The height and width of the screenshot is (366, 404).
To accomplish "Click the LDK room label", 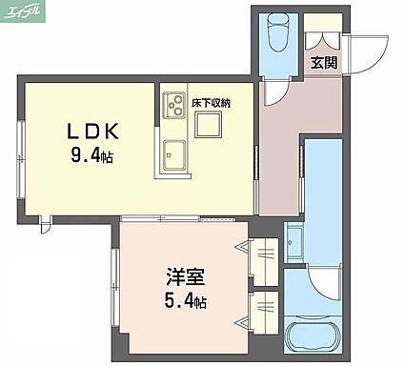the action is coord(92,132).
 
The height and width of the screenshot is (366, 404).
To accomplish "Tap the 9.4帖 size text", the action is coord(92,155).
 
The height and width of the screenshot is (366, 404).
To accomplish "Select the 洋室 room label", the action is coord(186,276).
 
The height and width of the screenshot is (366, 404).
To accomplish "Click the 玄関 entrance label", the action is coord(324,63).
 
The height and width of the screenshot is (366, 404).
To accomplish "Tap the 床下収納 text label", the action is coord(211,103).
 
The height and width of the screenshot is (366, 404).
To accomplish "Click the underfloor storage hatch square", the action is coord(209,126).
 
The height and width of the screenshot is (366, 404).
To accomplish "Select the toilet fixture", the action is coord(279,32).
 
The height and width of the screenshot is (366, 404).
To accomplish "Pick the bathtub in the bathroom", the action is coord(312,336).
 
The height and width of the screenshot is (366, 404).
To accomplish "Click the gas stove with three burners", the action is coord(173,105).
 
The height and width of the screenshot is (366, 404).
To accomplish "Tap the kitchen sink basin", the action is coord(174,155).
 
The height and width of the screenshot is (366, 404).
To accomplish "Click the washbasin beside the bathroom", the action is coord(293,242).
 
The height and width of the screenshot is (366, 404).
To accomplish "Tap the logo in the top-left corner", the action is coord(23,11).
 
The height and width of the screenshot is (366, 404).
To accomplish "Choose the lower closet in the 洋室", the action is coord(264,313).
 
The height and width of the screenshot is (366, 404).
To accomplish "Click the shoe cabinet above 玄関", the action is coord(323,22).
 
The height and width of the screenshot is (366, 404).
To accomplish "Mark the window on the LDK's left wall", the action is coord(21,159).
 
